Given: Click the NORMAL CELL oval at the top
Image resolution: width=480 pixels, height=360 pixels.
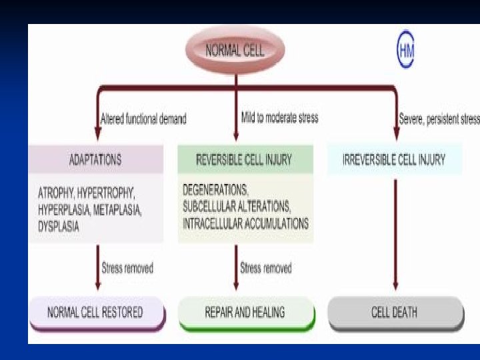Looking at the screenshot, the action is [x=235, y=51].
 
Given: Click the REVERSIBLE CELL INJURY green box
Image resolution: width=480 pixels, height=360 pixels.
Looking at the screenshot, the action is [x=244, y=160].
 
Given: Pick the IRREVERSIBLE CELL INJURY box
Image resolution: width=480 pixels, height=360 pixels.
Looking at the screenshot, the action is [x=394, y=160].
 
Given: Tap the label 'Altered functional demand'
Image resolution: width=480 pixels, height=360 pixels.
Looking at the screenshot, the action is [x=143, y=119].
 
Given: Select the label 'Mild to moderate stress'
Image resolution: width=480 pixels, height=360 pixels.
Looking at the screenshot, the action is [x=279, y=118].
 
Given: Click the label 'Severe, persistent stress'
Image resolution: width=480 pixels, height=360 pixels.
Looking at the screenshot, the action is [x=439, y=119].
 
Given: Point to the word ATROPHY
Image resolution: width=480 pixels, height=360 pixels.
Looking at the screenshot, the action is [x=55, y=193].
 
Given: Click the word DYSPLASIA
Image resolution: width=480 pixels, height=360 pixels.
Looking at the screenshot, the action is [x=59, y=226].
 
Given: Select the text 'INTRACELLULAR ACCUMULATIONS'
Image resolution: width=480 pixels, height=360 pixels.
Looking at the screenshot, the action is [x=246, y=223].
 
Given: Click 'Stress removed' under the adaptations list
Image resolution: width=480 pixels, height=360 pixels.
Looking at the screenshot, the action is [x=127, y=269].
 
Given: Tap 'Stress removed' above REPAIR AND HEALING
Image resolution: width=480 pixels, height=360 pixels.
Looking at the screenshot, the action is [x=266, y=269].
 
